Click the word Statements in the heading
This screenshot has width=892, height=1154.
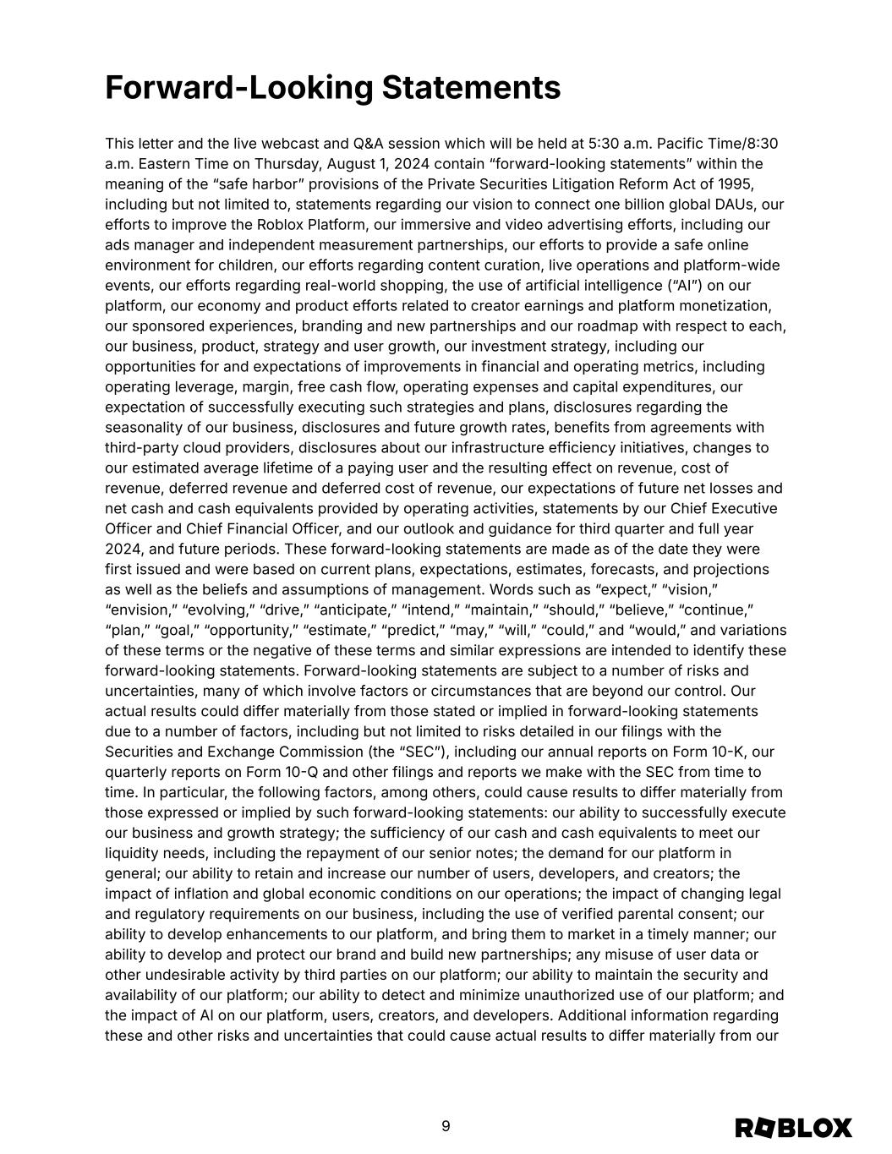click(x=472, y=88)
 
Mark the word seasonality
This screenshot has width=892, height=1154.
click(x=145, y=428)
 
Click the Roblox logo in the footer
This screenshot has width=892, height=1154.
click(x=793, y=1129)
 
